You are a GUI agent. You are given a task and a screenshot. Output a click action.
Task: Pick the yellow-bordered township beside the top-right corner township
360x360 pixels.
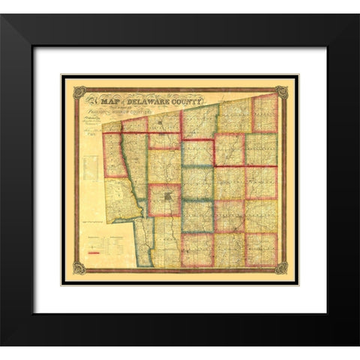[x=234, y=120]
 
